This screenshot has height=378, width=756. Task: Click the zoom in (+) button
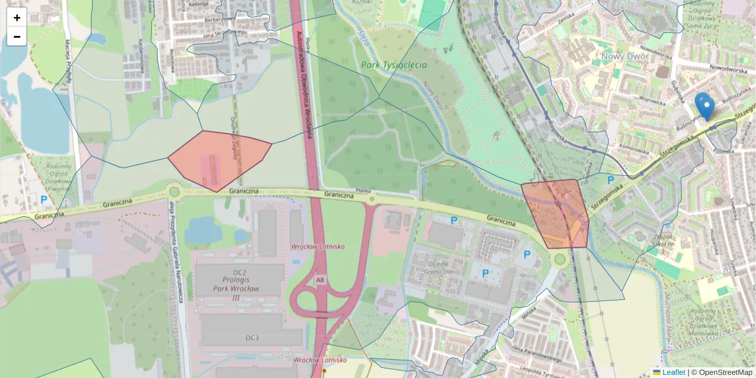17,18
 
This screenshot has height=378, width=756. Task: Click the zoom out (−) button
17,37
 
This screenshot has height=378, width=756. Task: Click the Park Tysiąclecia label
394,65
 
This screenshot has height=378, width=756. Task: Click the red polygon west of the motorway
218,159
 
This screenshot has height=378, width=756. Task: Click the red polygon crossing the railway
556,213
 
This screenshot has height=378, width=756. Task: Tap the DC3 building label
252,338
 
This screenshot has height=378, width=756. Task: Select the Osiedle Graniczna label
438,268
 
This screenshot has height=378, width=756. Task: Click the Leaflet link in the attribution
673,372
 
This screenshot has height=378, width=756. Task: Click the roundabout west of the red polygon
175,191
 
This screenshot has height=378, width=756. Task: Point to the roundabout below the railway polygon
559,259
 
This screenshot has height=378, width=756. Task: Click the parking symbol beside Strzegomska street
610,180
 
